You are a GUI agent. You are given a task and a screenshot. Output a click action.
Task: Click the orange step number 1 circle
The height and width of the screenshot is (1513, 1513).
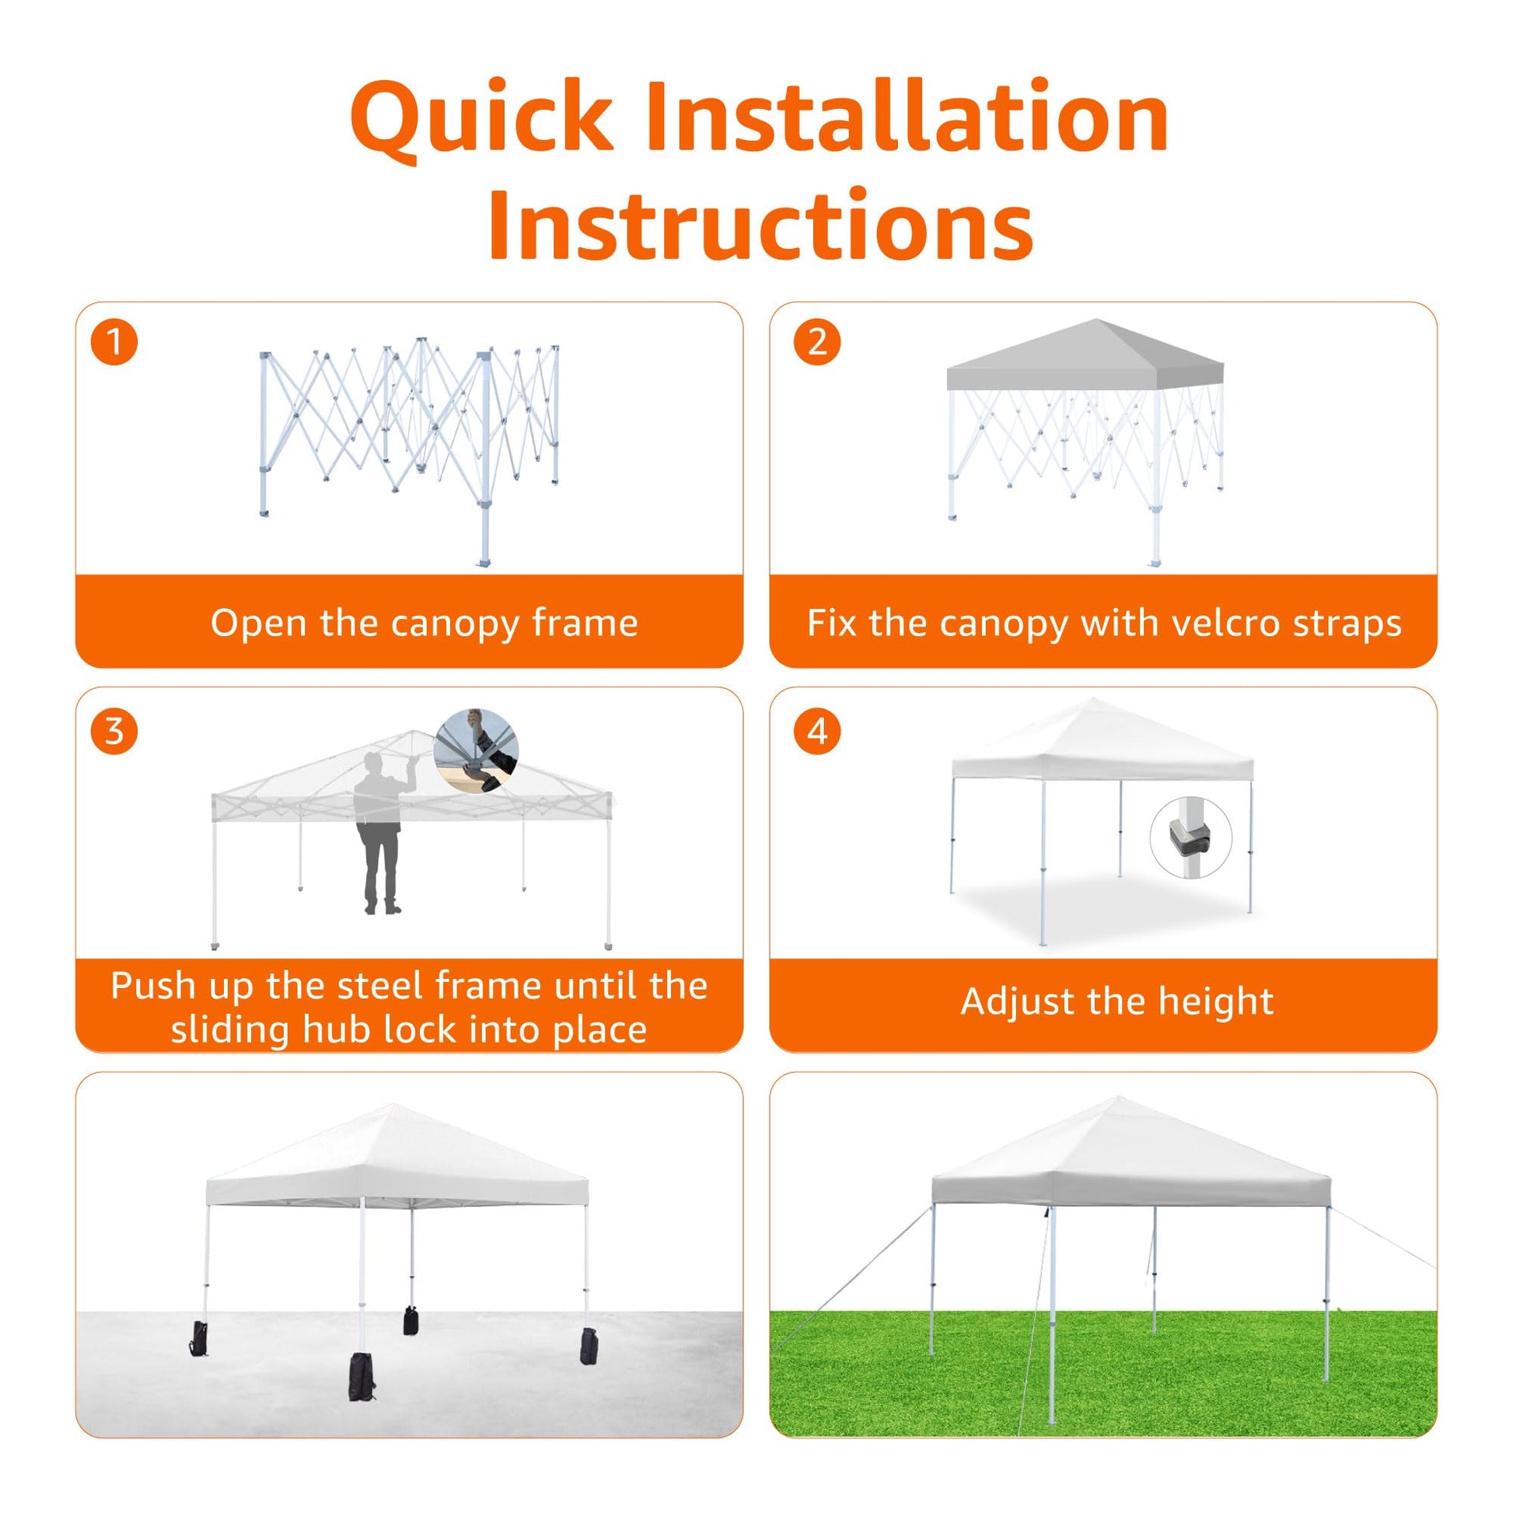point(114,342)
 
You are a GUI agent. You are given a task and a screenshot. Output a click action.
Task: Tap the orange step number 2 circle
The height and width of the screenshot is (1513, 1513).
point(818,342)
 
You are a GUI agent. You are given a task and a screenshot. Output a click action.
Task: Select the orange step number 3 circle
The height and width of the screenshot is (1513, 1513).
point(114,732)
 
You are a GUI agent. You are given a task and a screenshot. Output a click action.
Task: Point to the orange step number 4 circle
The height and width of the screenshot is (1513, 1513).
point(818,732)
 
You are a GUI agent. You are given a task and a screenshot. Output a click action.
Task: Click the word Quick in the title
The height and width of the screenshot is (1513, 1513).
point(481,117)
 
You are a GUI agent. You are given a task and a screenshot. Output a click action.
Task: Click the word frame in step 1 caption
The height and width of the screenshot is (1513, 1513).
point(584,624)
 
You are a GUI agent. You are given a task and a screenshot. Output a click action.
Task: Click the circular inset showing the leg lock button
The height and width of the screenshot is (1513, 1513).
point(1191,838)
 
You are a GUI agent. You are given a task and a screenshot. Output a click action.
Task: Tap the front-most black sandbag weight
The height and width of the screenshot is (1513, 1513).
point(362,1377)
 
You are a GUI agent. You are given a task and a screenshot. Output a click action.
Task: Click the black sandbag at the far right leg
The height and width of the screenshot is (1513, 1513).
point(588,1346)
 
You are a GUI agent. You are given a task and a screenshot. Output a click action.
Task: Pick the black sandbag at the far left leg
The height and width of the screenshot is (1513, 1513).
point(198,1338)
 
